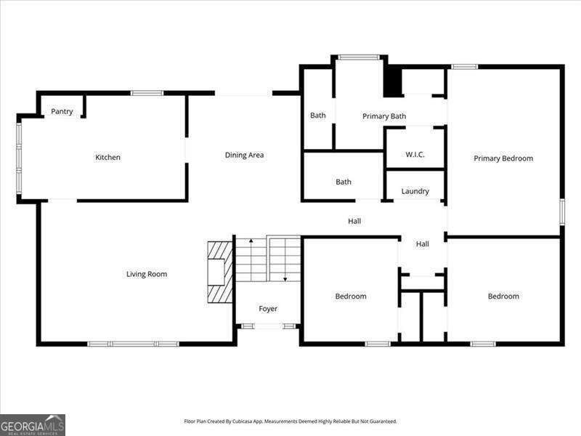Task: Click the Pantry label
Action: tap(62, 111)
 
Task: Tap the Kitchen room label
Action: tap(107, 158)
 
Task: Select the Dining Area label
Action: tap(244, 155)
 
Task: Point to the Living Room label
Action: tap(147, 274)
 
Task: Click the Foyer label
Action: tap(268, 309)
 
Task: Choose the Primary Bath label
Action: tap(384, 116)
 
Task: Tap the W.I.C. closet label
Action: tap(415, 154)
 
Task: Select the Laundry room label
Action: tap(415, 191)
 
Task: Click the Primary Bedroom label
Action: tap(503, 158)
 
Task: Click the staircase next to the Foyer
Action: tap(268, 259)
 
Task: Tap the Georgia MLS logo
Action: tap(33, 424)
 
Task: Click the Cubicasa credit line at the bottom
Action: tap(290, 421)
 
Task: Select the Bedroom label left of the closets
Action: tap(351, 296)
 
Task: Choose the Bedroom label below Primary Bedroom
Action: tap(503, 296)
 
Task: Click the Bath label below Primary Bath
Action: tap(344, 182)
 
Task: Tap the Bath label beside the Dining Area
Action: tap(318, 116)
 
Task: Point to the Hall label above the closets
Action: tap(423, 244)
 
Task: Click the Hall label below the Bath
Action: tap(354, 221)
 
